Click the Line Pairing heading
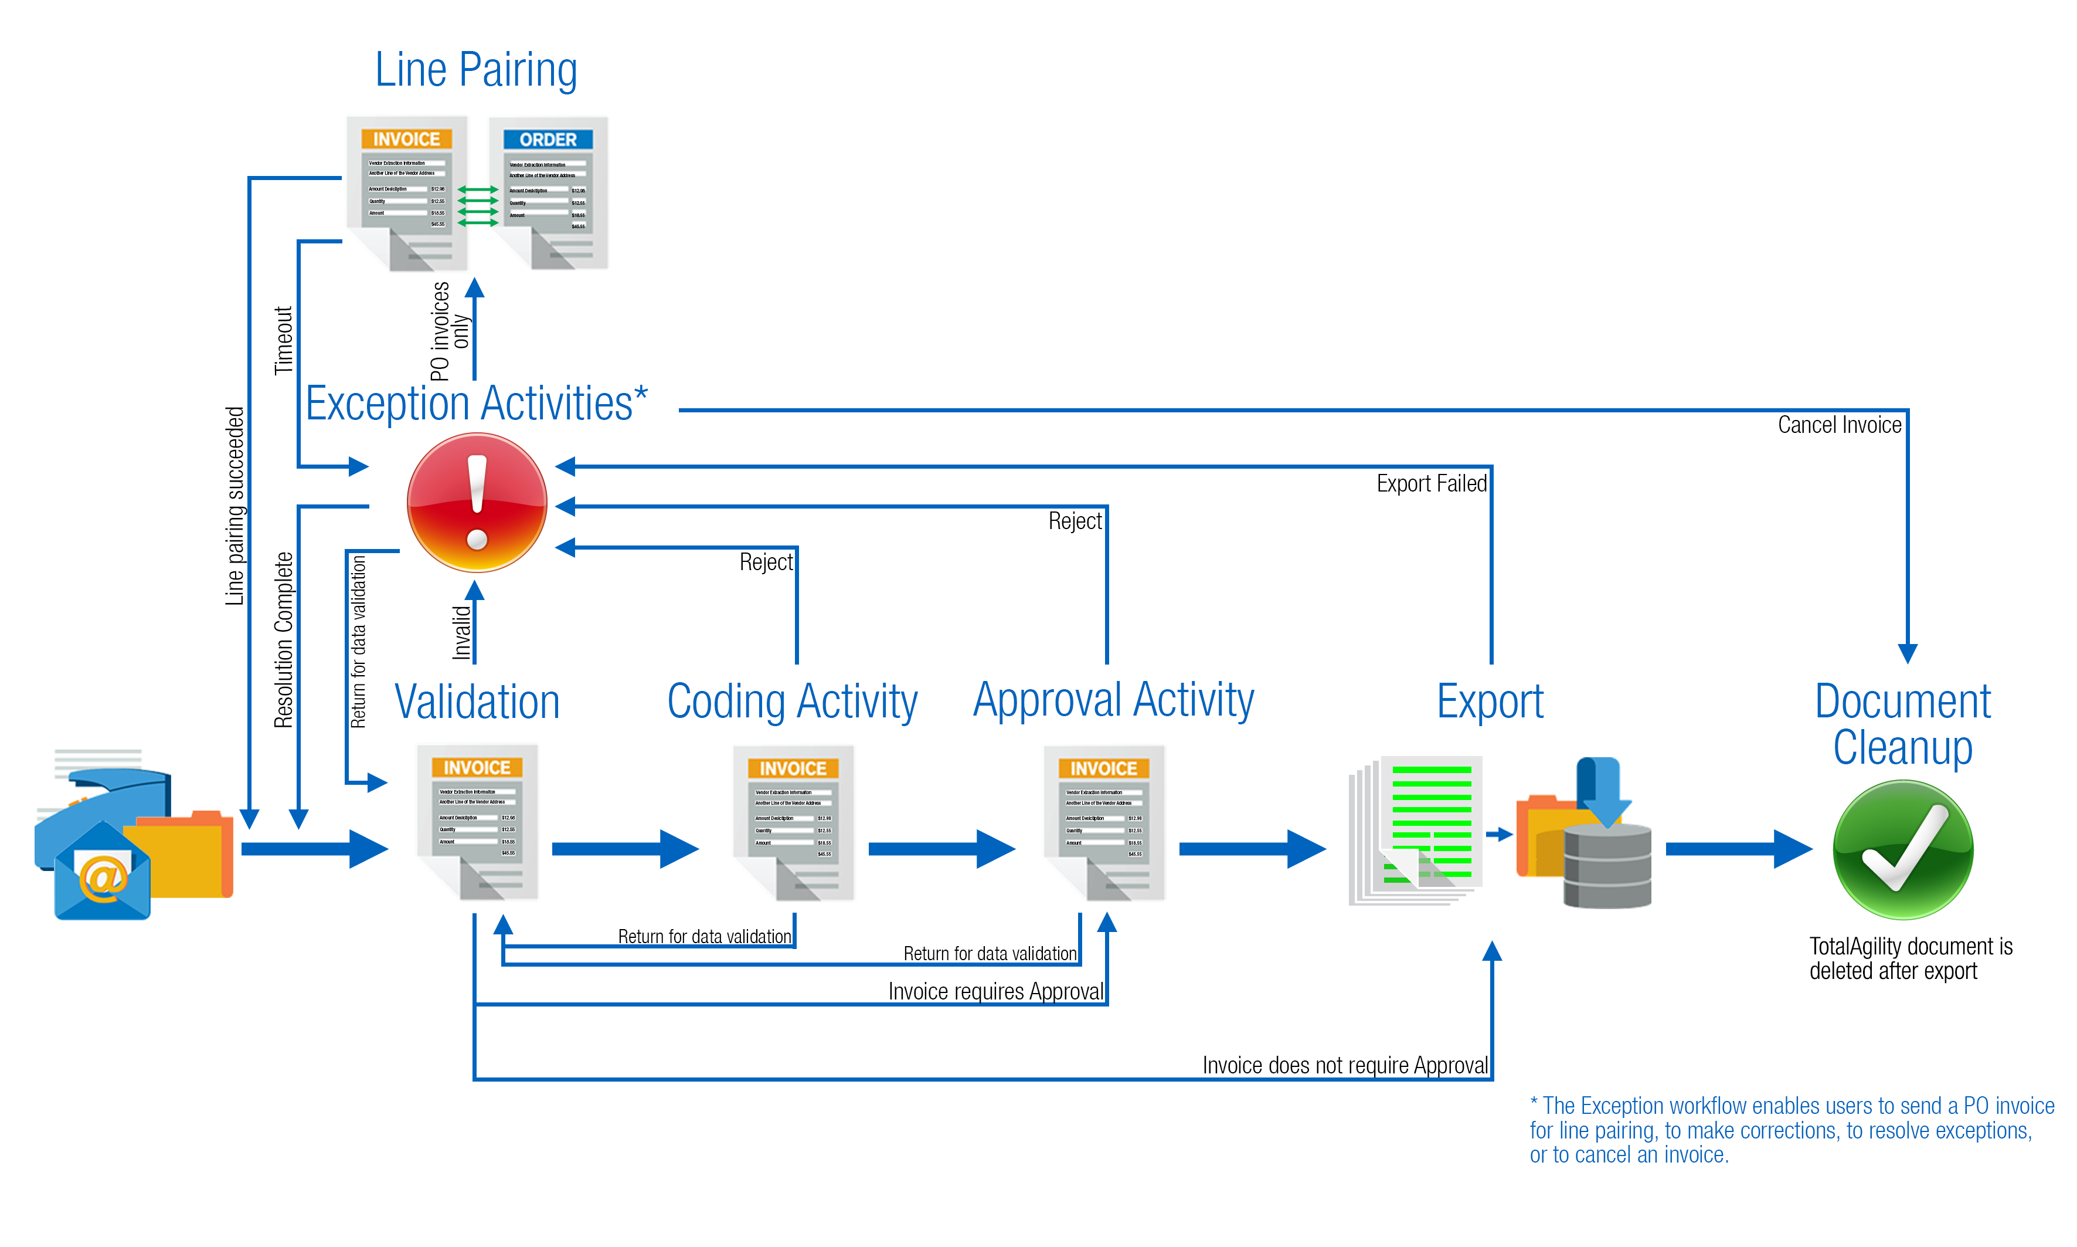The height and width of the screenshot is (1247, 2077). point(475,70)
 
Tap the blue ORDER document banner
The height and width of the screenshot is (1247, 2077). point(548,140)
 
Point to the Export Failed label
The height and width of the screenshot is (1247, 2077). point(1430,484)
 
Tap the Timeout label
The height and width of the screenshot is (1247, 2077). point(283,340)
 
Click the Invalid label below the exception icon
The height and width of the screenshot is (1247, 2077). point(461,632)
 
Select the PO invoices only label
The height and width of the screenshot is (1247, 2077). point(449,332)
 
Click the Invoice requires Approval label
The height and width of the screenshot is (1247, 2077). point(995,991)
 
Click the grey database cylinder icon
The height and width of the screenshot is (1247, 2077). point(1607,866)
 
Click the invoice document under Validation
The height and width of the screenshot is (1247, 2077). point(477,822)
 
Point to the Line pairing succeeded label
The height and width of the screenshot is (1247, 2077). point(234,506)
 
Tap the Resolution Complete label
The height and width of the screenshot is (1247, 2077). point(284,639)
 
